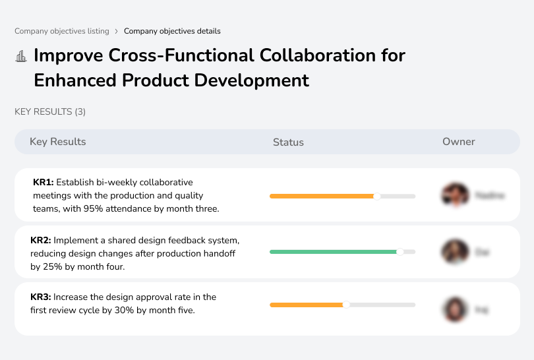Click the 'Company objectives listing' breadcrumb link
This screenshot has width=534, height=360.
pos(61,31)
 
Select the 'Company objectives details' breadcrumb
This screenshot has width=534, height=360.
pos(172,31)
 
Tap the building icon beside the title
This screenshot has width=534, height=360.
pos(21,56)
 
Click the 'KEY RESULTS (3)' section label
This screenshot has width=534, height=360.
pos(50,112)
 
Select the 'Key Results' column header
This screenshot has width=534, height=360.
pos(57,142)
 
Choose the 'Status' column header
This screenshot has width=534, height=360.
pos(288,142)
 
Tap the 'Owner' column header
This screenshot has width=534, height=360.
pos(458,142)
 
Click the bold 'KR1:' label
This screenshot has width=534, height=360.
pos(44,182)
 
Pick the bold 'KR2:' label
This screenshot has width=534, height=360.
pos(41,240)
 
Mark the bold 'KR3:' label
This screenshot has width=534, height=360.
pos(41,297)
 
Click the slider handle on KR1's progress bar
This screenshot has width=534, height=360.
pos(377,196)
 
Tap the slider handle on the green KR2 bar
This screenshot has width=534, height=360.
pos(400,252)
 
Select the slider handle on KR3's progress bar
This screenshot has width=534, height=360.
pos(346,305)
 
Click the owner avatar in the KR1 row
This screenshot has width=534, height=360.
pos(454,195)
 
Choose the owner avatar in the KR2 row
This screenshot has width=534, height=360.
pos(454,252)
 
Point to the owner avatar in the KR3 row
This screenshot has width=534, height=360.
pos(454,309)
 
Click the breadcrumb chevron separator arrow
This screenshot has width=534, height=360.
pos(117,31)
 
